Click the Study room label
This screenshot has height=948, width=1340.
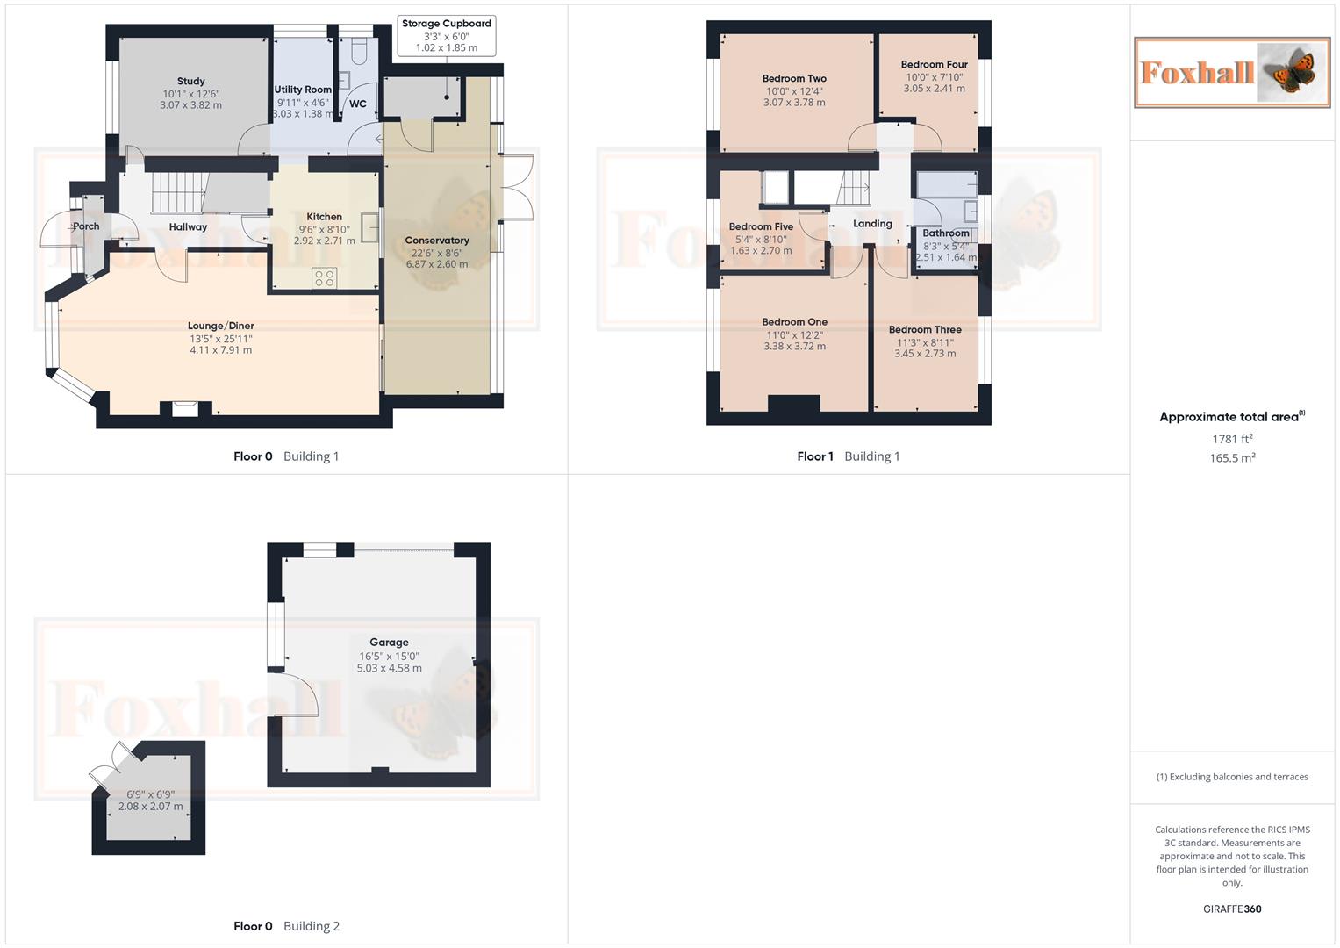click(x=190, y=82)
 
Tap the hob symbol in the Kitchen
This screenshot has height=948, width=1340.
click(x=324, y=278)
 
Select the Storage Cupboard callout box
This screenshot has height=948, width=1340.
click(x=446, y=36)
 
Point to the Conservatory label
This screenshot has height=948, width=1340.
click(x=437, y=241)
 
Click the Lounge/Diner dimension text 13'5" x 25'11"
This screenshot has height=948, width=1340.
click(x=221, y=339)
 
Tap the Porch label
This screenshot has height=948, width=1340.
click(x=86, y=226)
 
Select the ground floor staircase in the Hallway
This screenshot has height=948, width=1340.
click(x=179, y=193)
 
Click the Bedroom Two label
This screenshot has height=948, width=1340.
click(x=794, y=79)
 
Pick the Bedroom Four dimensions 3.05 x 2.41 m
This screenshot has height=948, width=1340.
click(x=935, y=89)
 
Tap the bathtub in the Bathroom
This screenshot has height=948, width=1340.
click(x=946, y=184)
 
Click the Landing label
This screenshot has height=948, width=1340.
click(x=872, y=224)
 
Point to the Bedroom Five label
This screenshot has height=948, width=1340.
click(x=761, y=226)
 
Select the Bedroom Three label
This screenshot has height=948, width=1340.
click(x=925, y=330)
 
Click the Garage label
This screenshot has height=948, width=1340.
click(x=389, y=643)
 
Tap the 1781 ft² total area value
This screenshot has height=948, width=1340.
click(x=1232, y=439)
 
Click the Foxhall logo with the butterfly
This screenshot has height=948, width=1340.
click(x=1232, y=72)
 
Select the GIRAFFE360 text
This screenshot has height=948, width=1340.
click(x=1232, y=909)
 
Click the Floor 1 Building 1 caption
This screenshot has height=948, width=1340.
click(x=848, y=456)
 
